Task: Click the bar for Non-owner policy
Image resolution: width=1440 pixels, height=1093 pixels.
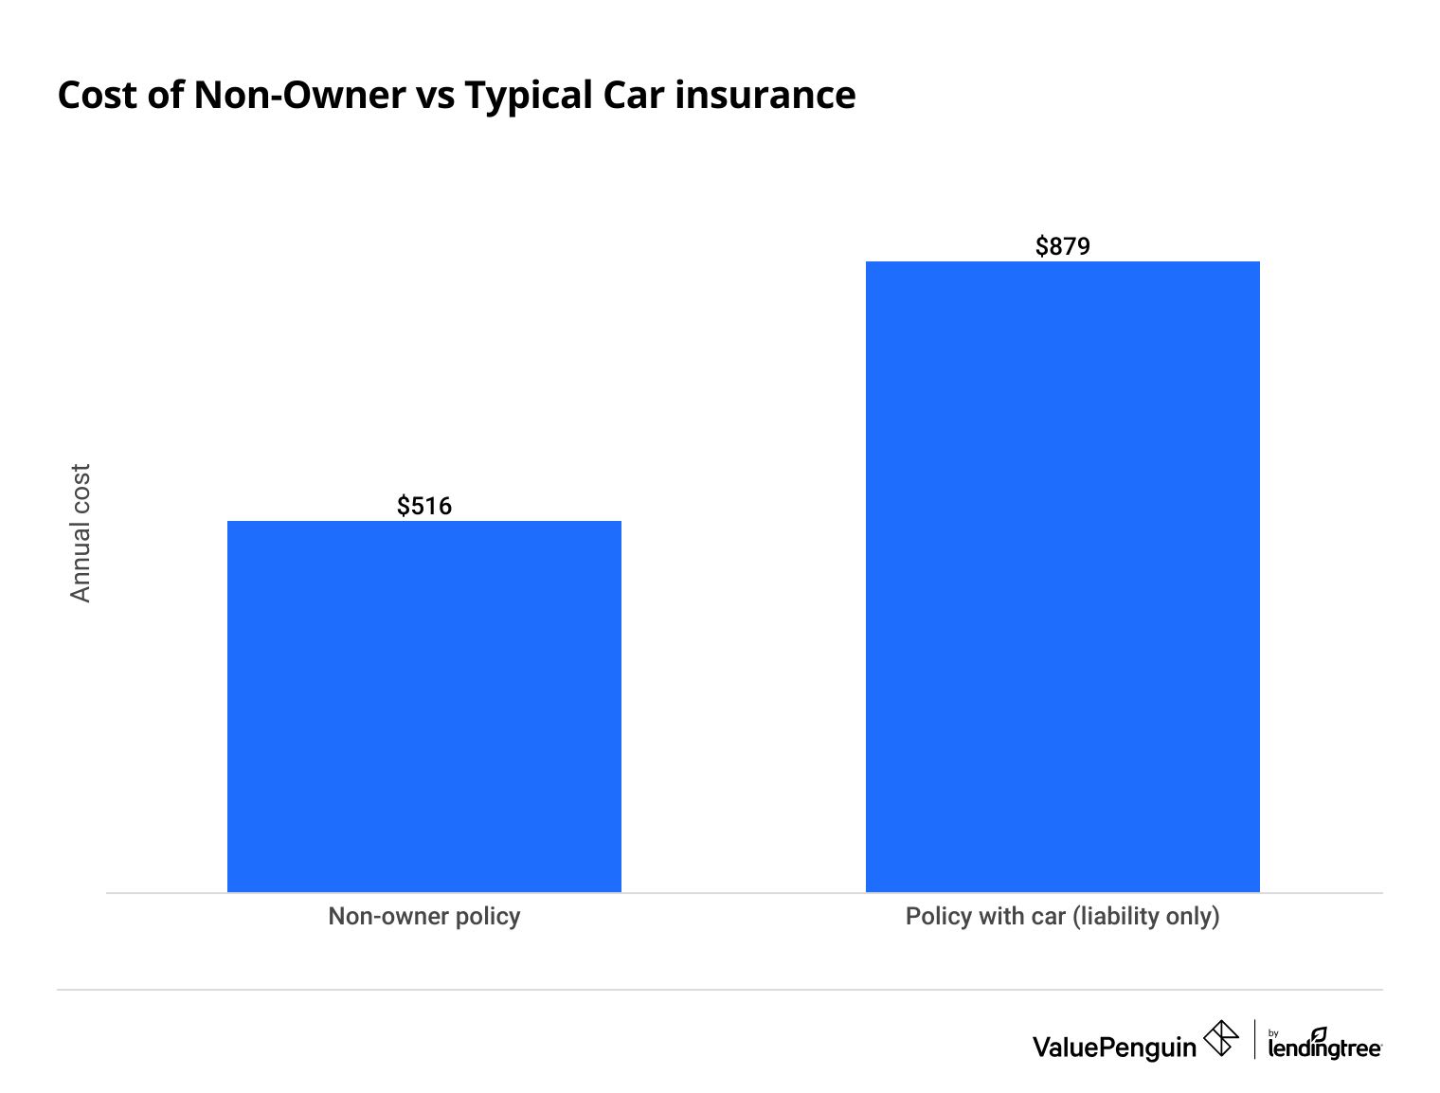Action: (x=423, y=706)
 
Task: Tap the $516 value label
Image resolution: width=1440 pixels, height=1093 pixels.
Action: (x=424, y=506)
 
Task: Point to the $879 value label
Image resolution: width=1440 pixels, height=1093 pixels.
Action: (x=1063, y=246)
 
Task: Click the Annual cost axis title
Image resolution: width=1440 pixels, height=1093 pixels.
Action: (x=81, y=532)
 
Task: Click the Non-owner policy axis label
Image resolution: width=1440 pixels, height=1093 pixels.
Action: (x=423, y=917)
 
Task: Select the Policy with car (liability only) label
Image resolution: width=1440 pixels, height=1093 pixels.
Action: (x=1062, y=917)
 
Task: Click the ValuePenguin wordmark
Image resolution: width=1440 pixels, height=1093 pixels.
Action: (x=1114, y=1047)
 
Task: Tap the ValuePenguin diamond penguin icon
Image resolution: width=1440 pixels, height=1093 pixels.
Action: (x=1220, y=1038)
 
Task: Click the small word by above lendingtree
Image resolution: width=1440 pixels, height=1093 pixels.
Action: (x=1273, y=1033)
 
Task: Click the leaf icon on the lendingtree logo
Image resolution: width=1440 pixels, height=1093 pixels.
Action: (x=1319, y=1033)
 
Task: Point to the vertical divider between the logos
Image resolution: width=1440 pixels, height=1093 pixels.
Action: (x=1254, y=1039)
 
